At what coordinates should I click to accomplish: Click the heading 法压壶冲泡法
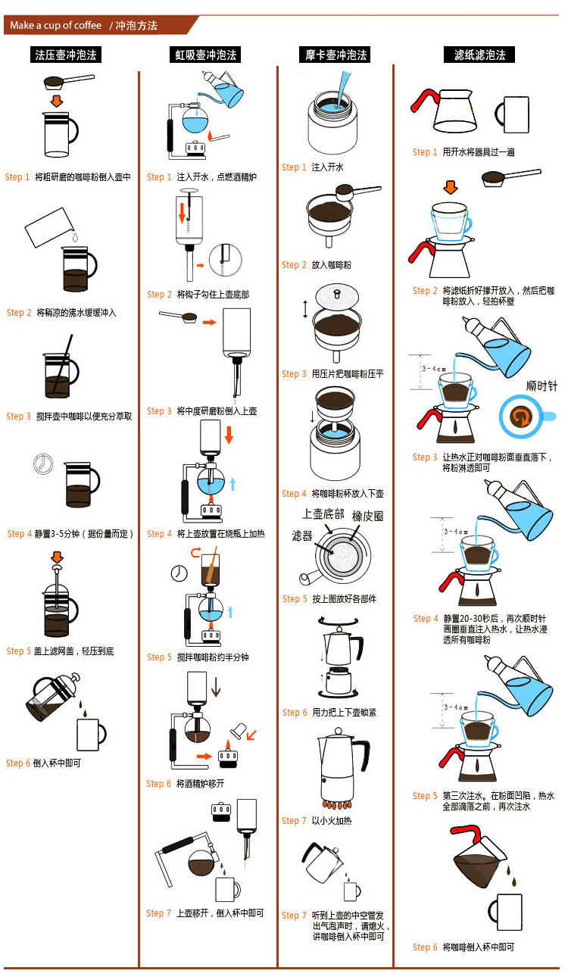[67, 55]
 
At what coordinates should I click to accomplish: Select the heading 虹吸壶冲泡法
[203, 55]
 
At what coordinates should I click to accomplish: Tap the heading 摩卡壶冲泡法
[336, 55]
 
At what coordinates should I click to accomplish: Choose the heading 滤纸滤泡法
[479, 55]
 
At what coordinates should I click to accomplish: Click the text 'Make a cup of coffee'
[55, 26]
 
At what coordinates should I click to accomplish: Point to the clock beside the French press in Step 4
[43, 463]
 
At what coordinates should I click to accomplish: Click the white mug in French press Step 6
[91, 733]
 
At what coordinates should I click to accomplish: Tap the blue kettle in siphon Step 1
[227, 91]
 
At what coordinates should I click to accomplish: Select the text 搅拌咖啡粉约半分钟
[213, 657]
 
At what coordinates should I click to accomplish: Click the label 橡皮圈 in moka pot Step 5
[368, 516]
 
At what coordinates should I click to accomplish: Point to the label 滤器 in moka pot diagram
[302, 535]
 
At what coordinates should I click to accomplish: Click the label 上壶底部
[323, 514]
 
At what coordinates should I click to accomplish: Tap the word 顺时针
[541, 385]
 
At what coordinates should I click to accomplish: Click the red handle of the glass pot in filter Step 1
[423, 101]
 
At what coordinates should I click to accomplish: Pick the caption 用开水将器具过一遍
[479, 152]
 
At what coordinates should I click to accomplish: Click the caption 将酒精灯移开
[201, 784]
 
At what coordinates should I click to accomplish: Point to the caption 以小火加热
[332, 821]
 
